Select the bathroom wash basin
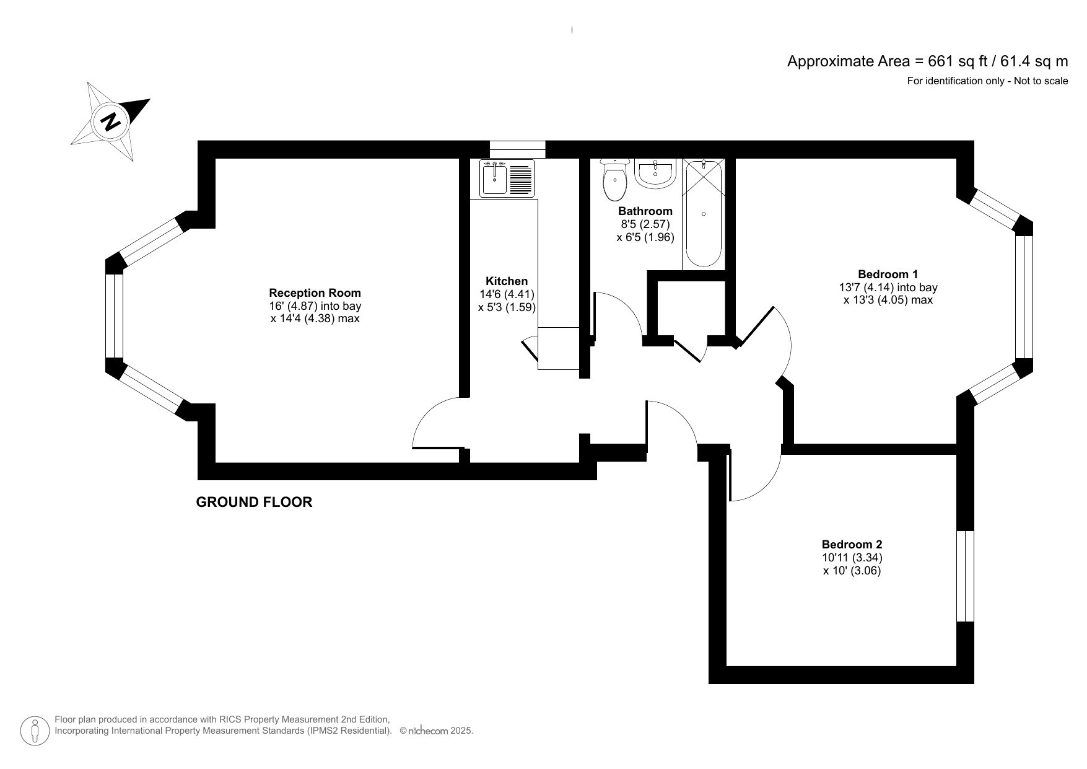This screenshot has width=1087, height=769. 655,174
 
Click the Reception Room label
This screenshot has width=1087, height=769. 315,293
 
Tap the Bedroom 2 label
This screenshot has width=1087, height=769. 852,545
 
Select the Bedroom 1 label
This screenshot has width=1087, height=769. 888,274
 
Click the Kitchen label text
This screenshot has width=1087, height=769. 507,281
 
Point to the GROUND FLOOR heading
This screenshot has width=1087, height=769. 254,503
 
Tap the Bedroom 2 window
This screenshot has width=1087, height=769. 965,576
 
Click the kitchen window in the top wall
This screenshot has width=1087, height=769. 517,149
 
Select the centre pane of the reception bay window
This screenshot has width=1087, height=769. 115,316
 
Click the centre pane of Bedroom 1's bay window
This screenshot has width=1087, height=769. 1024,297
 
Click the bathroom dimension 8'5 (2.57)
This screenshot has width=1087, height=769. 645,224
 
